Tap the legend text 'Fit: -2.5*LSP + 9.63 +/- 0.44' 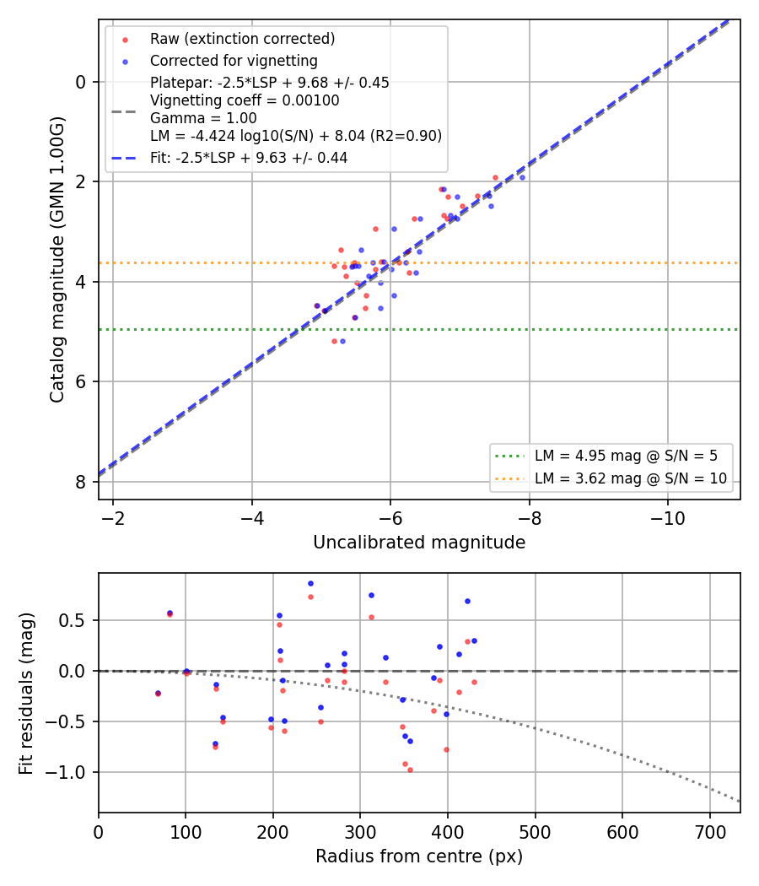click(x=249, y=158)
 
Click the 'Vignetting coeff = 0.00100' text click(x=245, y=100)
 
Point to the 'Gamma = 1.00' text click(x=203, y=118)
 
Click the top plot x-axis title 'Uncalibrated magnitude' click(x=419, y=543)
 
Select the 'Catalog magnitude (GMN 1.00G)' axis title click(x=57, y=260)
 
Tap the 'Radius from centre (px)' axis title click(x=419, y=856)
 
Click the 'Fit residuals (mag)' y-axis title click(x=26, y=694)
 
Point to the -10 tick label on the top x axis click(x=668, y=519)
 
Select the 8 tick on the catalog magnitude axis click(x=81, y=482)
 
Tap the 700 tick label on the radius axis click(x=709, y=832)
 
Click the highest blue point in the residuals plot click(x=310, y=584)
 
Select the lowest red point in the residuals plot click(x=410, y=770)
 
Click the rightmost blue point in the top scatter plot click(x=522, y=177)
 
